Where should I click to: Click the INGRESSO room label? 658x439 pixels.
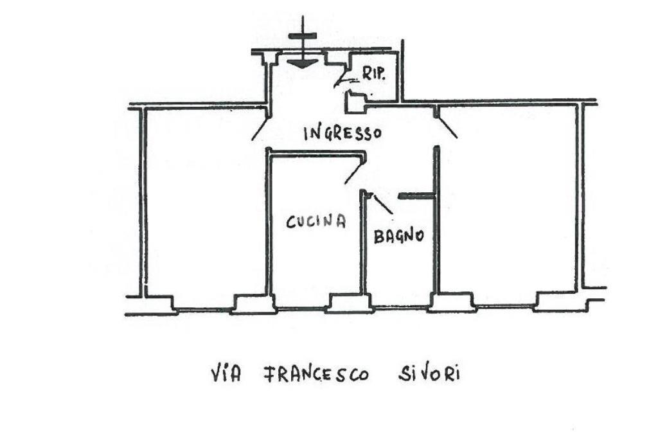click(x=342, y=133)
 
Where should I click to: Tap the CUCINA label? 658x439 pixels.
click(x=316, y=222)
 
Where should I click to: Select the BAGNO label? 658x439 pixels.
click(x=399, y=235)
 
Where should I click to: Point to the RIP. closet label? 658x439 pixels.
click(x=373, y=74)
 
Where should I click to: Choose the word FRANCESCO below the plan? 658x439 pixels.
click(x=316, y=374)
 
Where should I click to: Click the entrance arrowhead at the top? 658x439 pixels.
click(x=302, y=62)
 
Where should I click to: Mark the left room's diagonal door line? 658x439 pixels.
click(x=260, y=128)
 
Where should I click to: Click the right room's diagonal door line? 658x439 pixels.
click(x=447, y=128)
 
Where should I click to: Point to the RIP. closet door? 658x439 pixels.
click(x=344, y=80)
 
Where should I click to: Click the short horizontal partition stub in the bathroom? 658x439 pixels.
click(x=417, y=196)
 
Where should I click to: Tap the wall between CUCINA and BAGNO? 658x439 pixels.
click(x=362, y=244)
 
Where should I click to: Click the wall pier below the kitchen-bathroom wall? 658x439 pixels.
click(x=349, y=303)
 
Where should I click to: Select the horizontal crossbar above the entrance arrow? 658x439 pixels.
click(x=302, y=36)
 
